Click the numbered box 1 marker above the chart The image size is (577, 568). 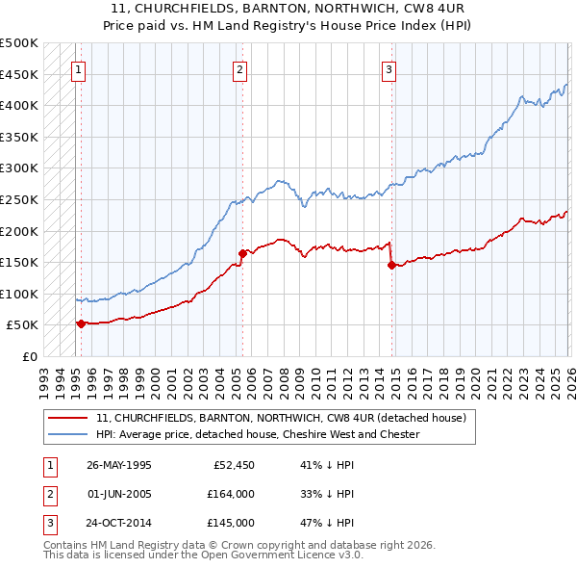pyautogui.click(x=78, y=68)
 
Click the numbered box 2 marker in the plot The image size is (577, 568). pyautogui.click(x=238, y=68)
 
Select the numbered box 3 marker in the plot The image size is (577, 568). pyautogui.click(x=389, y=68)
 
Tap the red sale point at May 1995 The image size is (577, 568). pyautogui.click(x=81, y=323)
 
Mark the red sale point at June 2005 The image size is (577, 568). pyautogui.click(x=241, y=253)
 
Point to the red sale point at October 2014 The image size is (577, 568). pyautogui.click(x=391, y=266)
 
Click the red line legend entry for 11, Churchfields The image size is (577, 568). pyautogui.click(x=281, y=418)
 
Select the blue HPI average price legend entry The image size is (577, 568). pyautogui.click(x=258, y=434)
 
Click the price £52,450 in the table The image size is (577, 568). pyautogui.click(x=232, y=464)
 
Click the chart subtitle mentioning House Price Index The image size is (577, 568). pyautogui.click(x=288, y=22)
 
